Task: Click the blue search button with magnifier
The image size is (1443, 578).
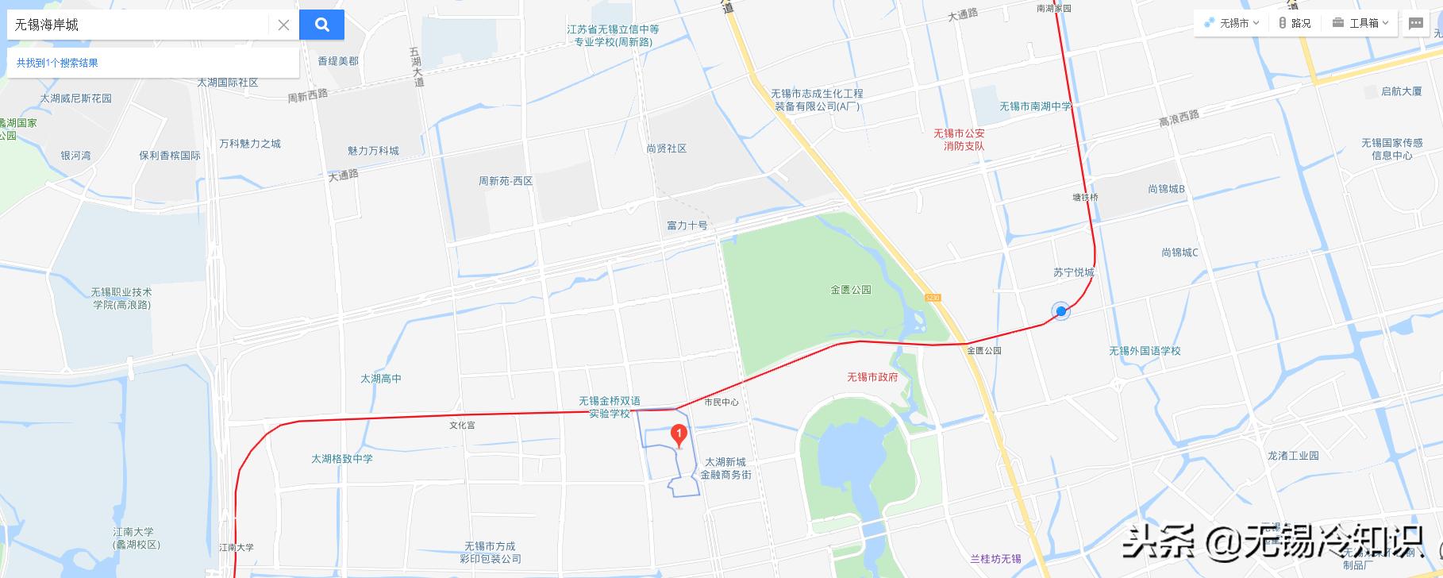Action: [321, 25]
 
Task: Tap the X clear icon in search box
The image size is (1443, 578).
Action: [283, 25]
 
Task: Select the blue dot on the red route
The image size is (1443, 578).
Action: [1060, 311]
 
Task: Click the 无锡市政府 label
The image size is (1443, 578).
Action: [872, 377]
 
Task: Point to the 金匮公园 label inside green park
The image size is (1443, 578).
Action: [851, 290]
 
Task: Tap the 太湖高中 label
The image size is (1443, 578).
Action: [381, 379]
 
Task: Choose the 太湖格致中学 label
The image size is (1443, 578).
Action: [341, 459]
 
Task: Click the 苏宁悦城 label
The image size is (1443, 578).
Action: [1073, 272]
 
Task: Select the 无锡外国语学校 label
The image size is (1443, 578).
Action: [1145, 351]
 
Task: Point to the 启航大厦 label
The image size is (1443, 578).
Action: [1401, 91]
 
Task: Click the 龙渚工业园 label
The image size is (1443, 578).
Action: [1293, 456]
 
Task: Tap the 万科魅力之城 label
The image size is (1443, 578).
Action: [250, 144]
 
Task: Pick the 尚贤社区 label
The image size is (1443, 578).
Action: [666, 148]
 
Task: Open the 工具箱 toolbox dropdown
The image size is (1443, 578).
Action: [1360, 23]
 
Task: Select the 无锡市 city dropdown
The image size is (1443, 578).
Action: [1231, 23]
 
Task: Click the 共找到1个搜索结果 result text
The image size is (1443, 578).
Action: [57, 63]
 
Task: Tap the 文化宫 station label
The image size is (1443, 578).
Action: [462, 426]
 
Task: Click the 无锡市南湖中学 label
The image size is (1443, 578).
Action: [1035, 106]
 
